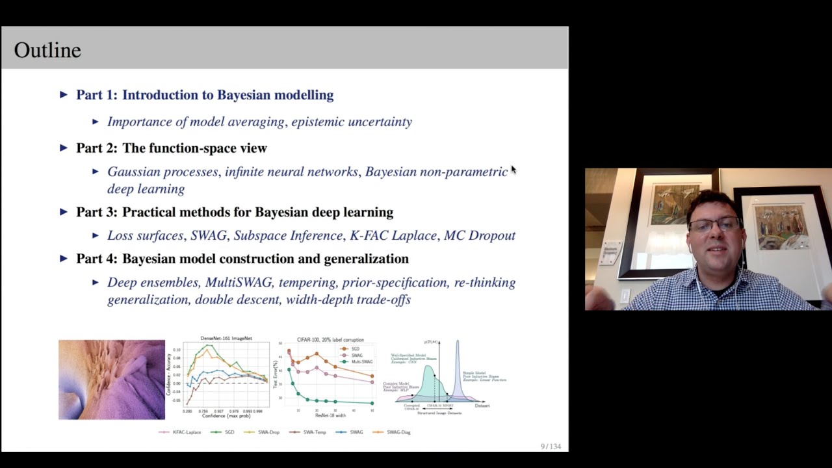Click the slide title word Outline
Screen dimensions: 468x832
[x=47, y=50]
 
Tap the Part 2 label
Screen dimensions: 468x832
[x=96, y=148]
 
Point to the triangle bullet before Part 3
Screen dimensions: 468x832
[x=63, y=212]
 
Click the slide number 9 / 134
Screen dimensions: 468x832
[x=550, y=447]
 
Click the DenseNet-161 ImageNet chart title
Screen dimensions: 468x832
[x=226, y=339]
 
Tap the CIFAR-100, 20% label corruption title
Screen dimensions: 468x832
[x=330, y=340]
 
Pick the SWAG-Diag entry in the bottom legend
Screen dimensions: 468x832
[x=398, y=432]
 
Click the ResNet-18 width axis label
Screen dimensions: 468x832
[x=330, y=415]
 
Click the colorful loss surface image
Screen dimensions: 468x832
[x=112, y=380]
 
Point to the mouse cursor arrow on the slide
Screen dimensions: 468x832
[x=513, y=170]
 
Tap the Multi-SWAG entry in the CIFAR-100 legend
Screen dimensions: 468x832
[x=361, y=361]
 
